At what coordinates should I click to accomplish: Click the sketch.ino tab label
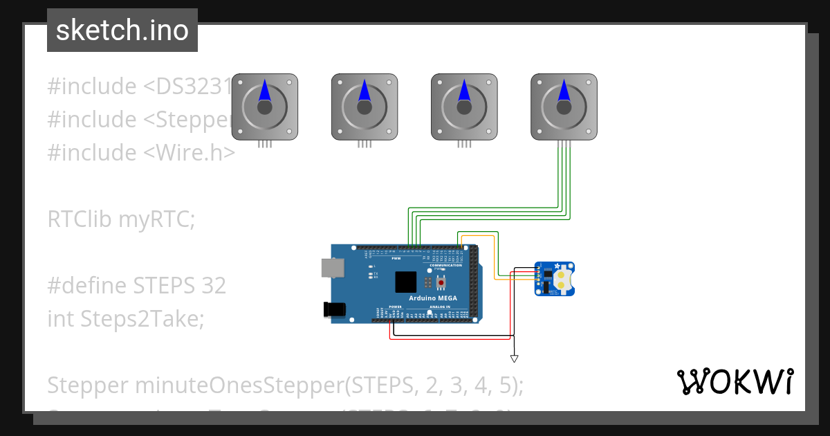[x=122, y=31]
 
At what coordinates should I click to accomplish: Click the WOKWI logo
[x=735, y=381]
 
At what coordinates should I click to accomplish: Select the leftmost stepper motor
[x=264, y=107]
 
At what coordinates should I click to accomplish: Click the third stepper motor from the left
[x=464, y=107]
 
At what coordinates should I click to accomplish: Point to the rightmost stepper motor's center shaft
[x=564, y=107]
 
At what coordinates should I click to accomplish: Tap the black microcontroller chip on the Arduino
[x=406, y=282]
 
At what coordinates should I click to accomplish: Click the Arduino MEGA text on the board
[x=437, y=298]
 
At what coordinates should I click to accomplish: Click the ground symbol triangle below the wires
[x=514, y=358]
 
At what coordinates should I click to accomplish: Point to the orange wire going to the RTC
[x=495, y=256]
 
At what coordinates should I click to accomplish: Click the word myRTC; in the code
[x=157, y=219]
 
